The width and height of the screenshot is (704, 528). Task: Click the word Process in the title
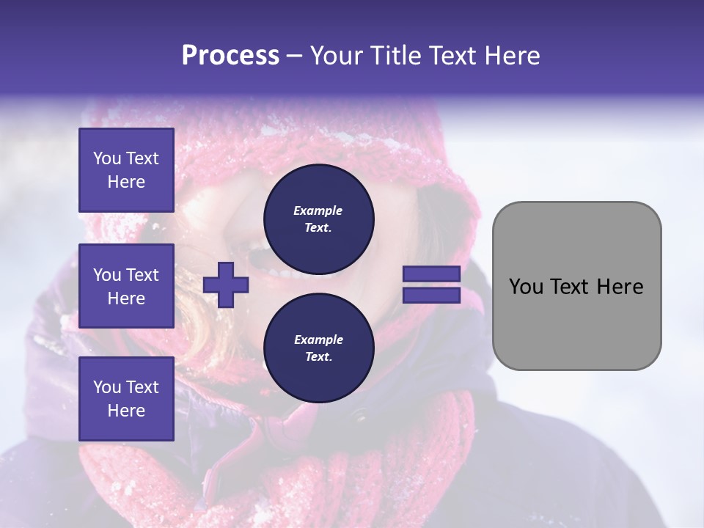230,56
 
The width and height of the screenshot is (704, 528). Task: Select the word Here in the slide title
510,56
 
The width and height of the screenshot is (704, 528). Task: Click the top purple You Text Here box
126,170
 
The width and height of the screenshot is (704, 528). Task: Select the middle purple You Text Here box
126,286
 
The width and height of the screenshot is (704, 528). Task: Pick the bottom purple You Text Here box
126,399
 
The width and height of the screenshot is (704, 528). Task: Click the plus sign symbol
226,285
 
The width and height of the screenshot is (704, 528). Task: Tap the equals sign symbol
431,285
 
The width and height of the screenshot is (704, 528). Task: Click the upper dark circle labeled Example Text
319,219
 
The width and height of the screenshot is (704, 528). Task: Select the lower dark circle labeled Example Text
319,348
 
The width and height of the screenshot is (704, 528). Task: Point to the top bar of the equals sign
431,274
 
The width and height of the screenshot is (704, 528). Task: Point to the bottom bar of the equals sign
431,296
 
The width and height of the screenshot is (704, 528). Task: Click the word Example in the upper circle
318,211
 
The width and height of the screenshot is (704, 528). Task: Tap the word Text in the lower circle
318,357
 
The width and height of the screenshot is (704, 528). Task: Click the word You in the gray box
526,287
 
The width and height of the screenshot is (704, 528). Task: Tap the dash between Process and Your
294,56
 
